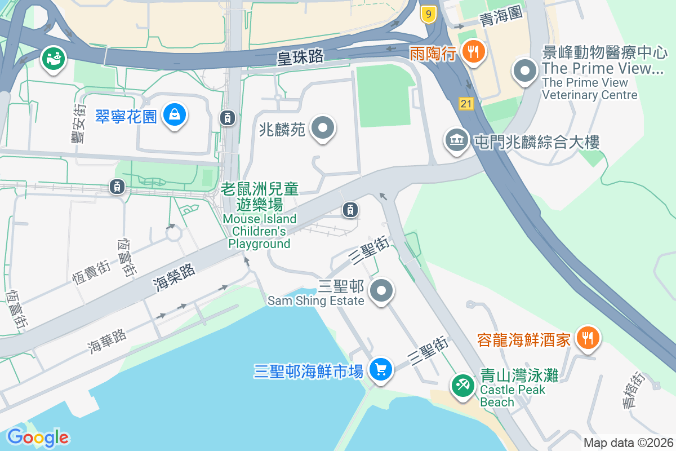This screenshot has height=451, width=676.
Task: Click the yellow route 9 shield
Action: tap(429, 15)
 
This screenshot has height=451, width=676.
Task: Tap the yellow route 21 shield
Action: tap(466, 103)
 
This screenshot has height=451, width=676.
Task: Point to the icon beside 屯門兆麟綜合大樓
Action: tap(457, 140)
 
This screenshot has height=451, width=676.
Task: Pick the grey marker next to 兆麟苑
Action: tap(323, 128)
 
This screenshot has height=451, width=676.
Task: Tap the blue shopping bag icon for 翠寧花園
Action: tap(175, 116)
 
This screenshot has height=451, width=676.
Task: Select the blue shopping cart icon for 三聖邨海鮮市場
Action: tap(381, 370)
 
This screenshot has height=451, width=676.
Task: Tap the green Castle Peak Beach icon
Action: tap(464, 386)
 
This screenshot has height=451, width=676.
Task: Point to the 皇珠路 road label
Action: tap(300, 57)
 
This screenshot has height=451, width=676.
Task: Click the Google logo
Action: tap(38, 437)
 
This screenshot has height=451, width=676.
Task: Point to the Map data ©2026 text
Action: tap(628, 443)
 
